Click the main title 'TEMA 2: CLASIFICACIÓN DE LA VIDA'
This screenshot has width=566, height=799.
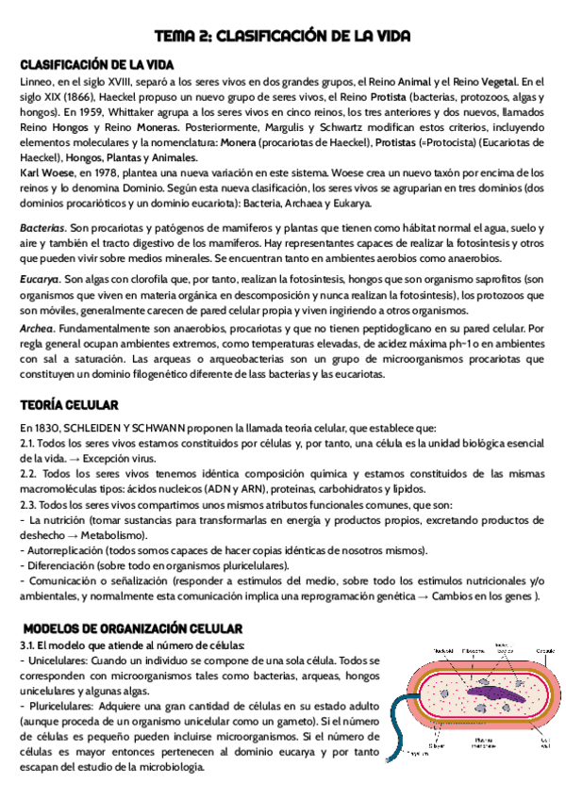[x=283, y=37]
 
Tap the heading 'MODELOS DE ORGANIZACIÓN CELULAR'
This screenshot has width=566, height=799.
[x=132, y=628]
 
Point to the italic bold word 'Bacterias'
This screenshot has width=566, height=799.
[x=43, y=229]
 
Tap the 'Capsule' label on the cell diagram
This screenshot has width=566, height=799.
[x=546, y=650]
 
